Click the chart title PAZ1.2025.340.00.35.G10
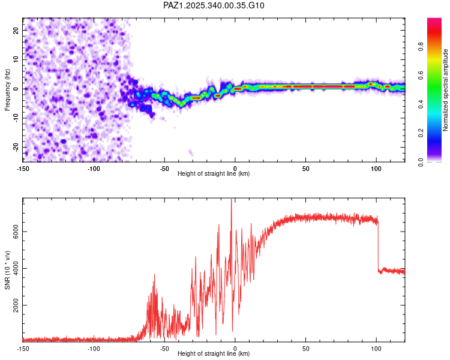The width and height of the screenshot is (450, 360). coord(214,5)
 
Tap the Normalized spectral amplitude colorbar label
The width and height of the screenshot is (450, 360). coord(446,90)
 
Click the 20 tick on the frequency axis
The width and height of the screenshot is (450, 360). coord(16,30)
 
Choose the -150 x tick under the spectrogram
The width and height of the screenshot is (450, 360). coord(23,169)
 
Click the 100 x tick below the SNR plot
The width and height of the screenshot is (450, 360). coord(376,349)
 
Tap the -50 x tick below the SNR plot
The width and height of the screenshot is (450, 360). coord(164,349)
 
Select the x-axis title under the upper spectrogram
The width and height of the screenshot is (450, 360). coord(214,174)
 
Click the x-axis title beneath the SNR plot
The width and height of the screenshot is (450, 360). coord(214,354)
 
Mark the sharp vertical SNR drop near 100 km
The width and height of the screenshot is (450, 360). coord(378,246)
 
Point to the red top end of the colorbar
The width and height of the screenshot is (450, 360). coord(434,21)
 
